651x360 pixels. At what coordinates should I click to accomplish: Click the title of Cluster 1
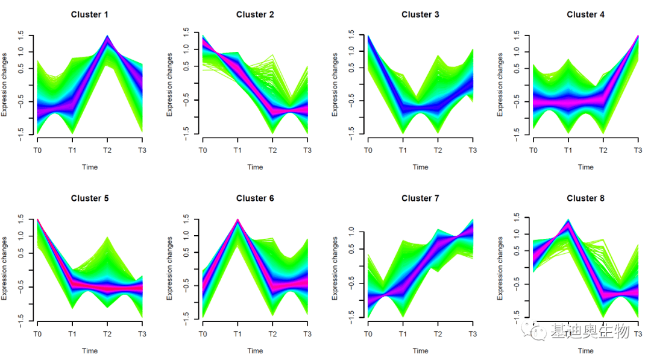point(90,14)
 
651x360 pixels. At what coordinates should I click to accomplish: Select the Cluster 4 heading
point(585,14)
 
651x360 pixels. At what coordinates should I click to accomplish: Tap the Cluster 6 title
point(255,198)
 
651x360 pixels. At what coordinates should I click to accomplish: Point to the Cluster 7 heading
point(420,198)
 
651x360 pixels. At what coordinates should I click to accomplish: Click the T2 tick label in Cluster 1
point(107,150)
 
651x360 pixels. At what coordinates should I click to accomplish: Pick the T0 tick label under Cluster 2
point(203,150)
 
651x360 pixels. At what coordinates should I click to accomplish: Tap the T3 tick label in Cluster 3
point(472,150)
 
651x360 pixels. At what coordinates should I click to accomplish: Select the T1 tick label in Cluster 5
point(72,334)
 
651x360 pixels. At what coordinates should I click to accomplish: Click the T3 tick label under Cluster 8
point(638,334)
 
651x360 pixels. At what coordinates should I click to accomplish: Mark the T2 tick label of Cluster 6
point(272,334)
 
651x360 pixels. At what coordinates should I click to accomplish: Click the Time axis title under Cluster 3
point(420,167)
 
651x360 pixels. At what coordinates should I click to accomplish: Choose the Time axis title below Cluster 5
point(90,351)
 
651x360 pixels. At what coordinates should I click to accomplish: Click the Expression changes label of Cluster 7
point(335,269)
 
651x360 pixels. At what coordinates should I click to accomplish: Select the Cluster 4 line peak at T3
point(637,37)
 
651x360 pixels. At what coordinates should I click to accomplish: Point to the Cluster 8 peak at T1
point(568,221)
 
